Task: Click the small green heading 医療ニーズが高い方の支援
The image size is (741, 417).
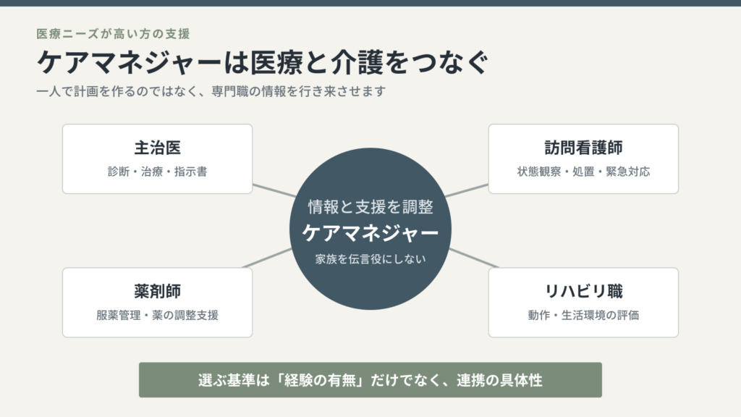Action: pos(114,34)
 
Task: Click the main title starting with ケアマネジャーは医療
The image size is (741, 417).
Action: pos(263,62)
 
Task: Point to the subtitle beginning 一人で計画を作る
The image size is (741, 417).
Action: pos(211,91)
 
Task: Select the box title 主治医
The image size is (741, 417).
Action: pos(157,148)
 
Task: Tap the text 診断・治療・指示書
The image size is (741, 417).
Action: pos(157,172)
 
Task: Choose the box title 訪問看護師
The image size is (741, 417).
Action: pos(583,148)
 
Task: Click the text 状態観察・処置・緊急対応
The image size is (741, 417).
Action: pos(583,172)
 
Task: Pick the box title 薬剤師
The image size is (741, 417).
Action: pos(157,291)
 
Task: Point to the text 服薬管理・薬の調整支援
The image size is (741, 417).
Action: pos(157,316)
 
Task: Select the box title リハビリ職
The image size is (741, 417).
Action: pos(583,291)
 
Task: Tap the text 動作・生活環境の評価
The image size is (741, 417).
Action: pos(583,316)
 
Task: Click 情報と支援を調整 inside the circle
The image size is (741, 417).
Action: pos(370,207)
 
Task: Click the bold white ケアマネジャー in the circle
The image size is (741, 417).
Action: pos(370,233)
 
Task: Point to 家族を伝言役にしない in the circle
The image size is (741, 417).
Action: pos(370,259)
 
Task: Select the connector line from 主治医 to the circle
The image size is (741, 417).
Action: pos(274,190)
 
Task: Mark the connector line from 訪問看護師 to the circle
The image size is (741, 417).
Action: pos(467,190)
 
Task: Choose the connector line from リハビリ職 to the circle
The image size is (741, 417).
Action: pos(473,258)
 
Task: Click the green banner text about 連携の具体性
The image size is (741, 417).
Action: pos(370,380)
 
